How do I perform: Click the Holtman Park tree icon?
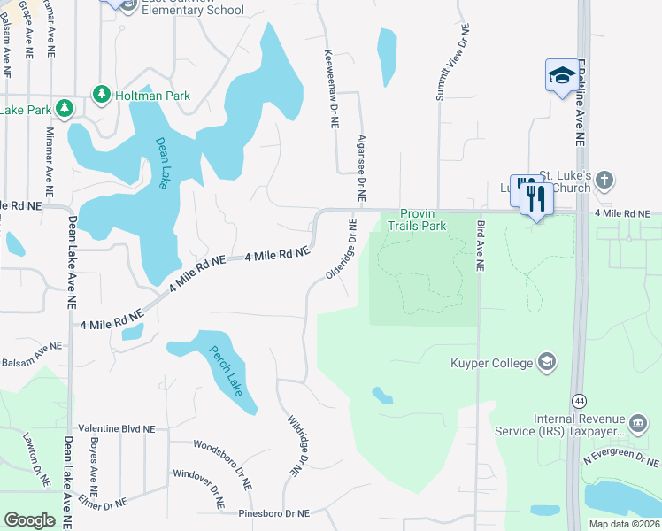click(103, 93)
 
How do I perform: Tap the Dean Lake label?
click(163, 162)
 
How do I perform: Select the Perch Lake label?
click(225, 371)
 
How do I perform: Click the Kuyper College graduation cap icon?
click(547, 362)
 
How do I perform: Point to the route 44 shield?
click(579, 400)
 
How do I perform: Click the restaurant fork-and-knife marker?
click(536, 197)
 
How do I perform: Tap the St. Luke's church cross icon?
click(604, 181)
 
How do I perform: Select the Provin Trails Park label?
click(423, 219)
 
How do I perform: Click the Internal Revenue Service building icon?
click(636, 425)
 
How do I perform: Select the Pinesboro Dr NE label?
click(274, 513)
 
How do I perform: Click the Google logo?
click(29, 520)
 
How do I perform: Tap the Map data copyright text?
click(623, 524)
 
